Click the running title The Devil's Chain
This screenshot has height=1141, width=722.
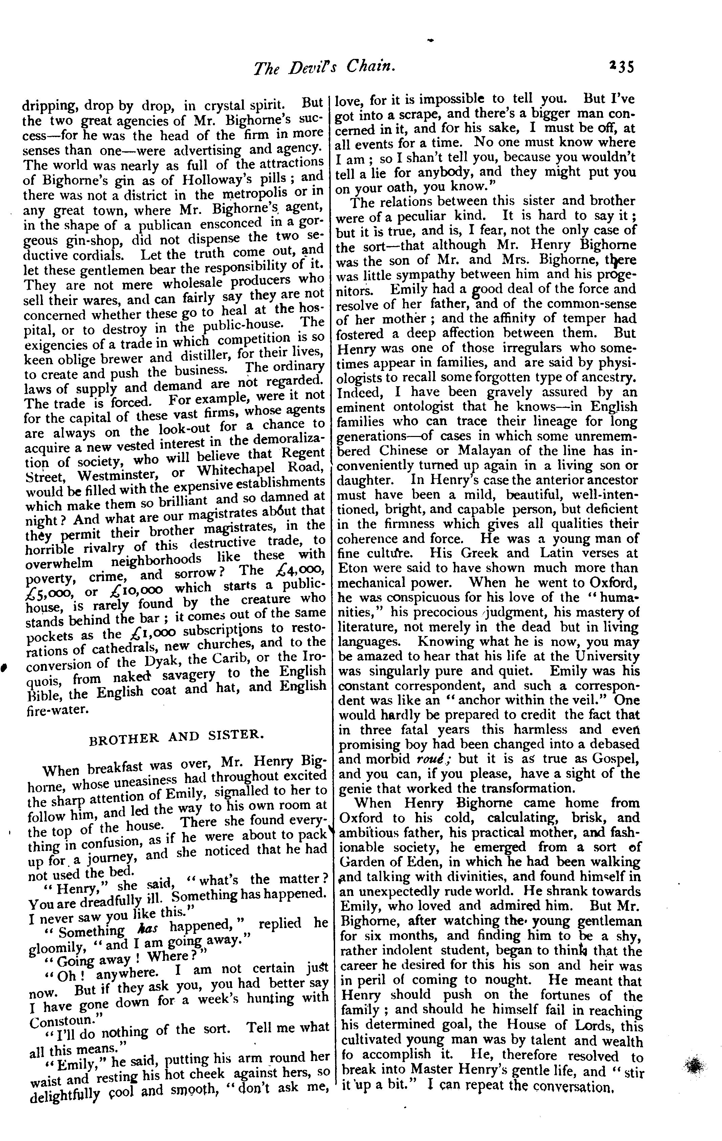pos(325,67)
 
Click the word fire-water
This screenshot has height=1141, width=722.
pos(57,709)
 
